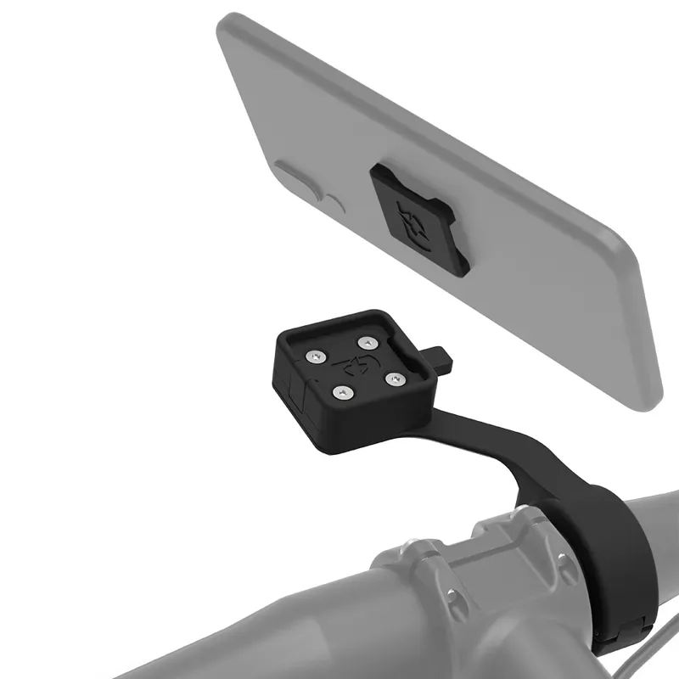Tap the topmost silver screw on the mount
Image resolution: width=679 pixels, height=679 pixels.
tap(367, 343)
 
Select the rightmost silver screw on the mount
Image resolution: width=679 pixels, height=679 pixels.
tap(392, 379)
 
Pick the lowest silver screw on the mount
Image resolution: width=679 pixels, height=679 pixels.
tap(342, 392)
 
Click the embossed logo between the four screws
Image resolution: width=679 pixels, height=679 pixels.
tap(355, 368)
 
